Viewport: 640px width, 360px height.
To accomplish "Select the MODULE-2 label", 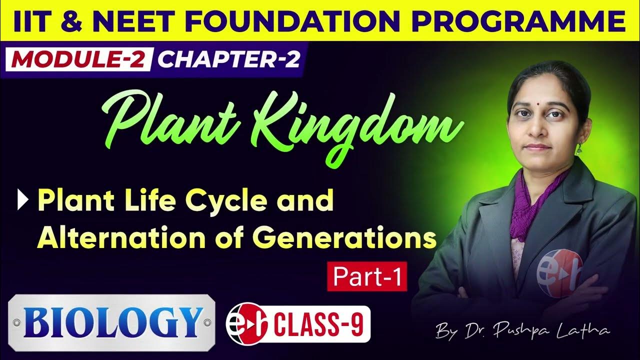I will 79,59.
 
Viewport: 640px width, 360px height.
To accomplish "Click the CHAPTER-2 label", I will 229,59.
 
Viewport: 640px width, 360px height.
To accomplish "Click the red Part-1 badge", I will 367,277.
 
